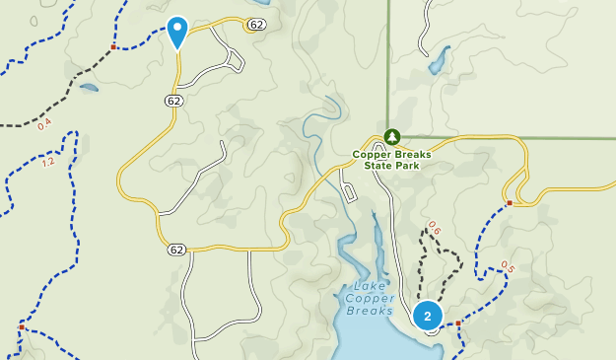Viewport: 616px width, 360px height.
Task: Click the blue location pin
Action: coord(177,32)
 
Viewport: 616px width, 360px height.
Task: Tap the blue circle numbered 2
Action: coord(427,317)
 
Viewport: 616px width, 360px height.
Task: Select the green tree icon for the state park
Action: coord(392,136)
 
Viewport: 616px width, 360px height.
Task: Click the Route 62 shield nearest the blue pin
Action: coord(256,24)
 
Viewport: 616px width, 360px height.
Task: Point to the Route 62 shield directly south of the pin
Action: coord(173,101)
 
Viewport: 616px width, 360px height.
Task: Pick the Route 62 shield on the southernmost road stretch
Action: coord(175,249)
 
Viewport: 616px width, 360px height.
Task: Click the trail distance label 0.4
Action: coord(44,124)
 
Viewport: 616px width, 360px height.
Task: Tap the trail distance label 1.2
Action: coord(48,161)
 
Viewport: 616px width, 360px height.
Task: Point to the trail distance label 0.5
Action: coord(508,265)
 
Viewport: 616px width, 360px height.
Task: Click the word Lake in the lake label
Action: coord(357,288)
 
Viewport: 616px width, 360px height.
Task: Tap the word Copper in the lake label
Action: coord(371,299)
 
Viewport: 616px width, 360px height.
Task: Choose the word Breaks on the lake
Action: coord(371,311)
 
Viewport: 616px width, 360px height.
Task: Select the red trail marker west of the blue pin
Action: coord(114,46)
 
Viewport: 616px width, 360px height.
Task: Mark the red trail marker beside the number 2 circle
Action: coord(458,323)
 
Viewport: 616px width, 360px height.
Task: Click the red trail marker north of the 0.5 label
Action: coord(510,203)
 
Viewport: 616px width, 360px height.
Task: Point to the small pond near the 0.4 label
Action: coord(88,88)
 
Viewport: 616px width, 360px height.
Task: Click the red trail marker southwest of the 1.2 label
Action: coord(21,326)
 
